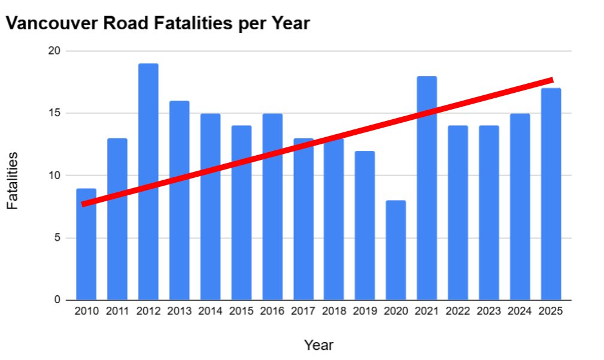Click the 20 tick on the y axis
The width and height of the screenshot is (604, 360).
coord(54,52)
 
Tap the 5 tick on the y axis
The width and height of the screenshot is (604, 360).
coord(57,238)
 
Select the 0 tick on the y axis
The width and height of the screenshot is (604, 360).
coord(57,300)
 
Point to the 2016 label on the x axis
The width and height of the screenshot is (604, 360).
coord(272,311)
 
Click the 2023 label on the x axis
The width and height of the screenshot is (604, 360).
coord(488,311)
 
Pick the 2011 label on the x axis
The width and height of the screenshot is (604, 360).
coord(117,311)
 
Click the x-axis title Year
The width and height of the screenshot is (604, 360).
coord(318,345)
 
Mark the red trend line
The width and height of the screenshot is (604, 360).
coord(317,142)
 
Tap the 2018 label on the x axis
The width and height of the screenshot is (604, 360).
coord(334,311)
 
